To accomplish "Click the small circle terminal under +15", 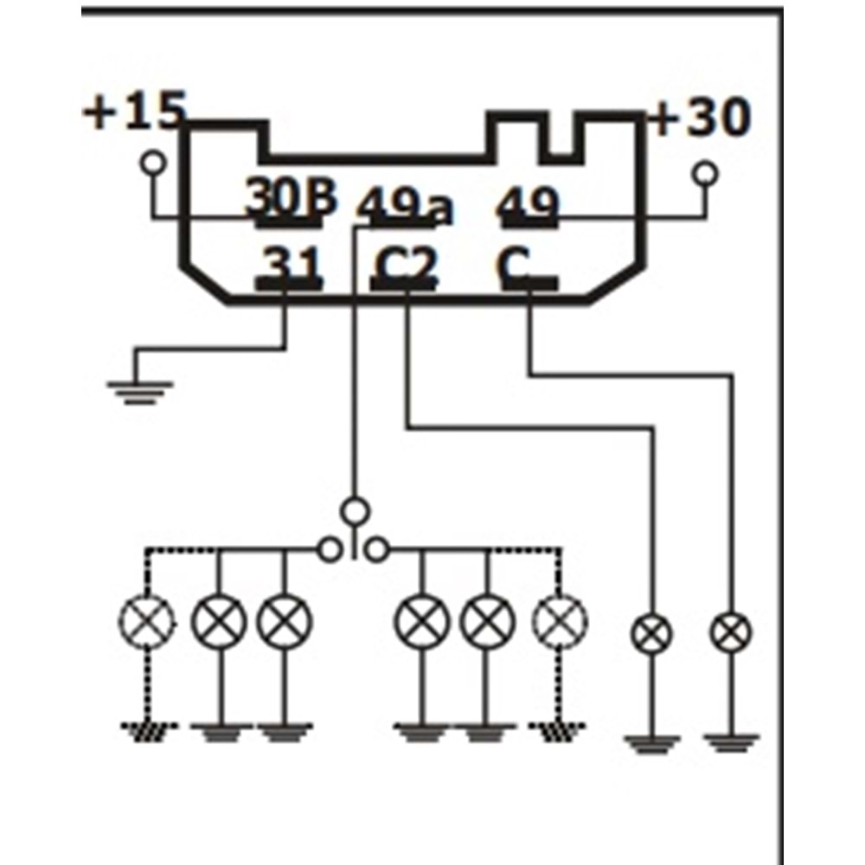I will (x=154, y=162).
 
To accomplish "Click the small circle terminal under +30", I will (x=706, y=175).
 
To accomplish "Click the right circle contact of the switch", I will (x=377, y=548).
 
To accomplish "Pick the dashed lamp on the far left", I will (x=146, y=621).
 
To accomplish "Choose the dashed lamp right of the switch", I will (x=560, y=621).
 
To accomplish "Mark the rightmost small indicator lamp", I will (x=732, y=633).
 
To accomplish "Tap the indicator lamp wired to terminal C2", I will (x=651, y=634).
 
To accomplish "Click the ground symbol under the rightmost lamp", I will (x=732, y=742).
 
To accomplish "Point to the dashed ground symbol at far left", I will (x=146, y=732).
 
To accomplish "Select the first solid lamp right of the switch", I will (x=422, y=621).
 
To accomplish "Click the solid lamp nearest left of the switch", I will (x=285, y=621).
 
